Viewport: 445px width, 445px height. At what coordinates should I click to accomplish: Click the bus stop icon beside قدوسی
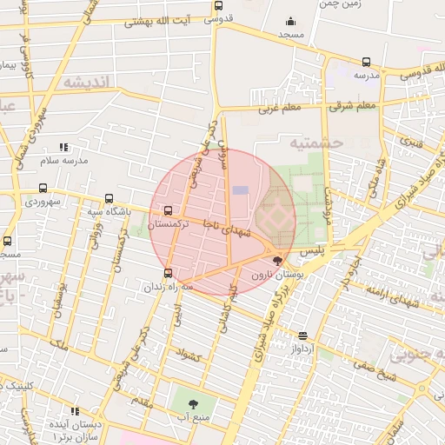(x=217, y=6)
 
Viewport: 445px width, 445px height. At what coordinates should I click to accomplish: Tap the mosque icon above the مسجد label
(x=289, y=23)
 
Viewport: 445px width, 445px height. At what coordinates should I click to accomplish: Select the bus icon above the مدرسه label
(x=366, y=63)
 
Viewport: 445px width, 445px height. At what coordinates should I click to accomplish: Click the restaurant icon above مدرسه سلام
(x=63, y=148)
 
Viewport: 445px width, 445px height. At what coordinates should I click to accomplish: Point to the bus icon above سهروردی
(x=43, y=188)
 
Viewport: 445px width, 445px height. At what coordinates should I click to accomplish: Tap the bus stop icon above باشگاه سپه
(x=109, y=198)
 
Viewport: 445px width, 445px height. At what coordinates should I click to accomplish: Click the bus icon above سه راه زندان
(x=168, y=273)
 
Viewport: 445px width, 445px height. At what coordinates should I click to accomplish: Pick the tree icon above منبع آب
(x=191, y=403)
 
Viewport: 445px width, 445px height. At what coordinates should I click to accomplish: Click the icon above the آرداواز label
(x=302, y=335)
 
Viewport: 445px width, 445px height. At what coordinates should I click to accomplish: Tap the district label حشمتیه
(x=316, y=142)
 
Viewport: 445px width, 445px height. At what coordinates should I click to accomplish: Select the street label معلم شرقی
(x=354, y=106)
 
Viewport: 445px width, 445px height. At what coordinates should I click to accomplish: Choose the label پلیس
(x=312, y=249)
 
